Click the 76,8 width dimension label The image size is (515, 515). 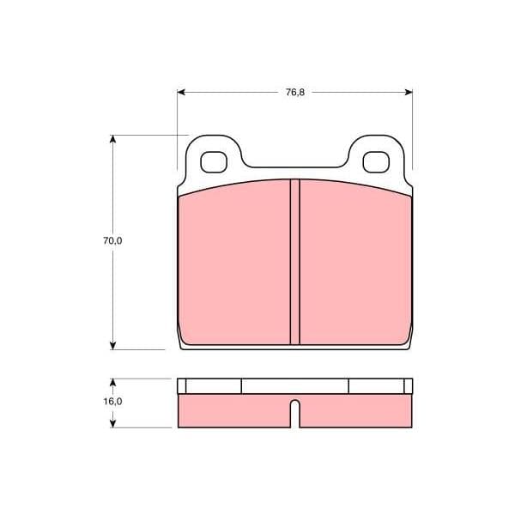295,93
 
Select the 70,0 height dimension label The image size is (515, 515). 112,240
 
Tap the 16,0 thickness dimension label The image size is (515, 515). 112,402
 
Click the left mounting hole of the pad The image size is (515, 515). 214,162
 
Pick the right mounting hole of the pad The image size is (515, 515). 376,162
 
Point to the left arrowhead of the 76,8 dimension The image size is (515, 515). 181,93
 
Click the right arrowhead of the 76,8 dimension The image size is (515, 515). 409,93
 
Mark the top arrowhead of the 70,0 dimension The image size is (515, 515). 112,139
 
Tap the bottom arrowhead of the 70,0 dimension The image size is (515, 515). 112,345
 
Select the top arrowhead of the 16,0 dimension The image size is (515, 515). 112,383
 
